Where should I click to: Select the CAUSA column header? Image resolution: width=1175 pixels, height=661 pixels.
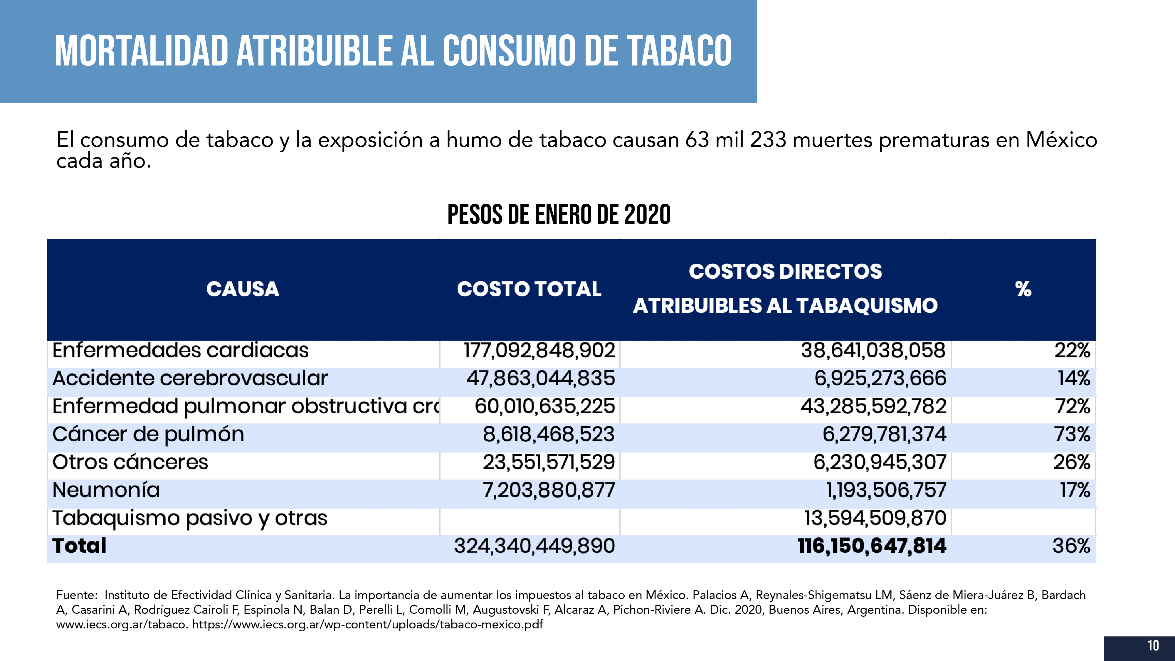(x=243, y=289)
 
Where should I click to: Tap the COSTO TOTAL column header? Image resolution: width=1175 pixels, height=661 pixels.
(x=529, y=289)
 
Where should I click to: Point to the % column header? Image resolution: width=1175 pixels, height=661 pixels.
(x=1023, y=289)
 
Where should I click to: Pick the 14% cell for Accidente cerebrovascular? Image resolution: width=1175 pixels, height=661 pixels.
(x=1074, y=379)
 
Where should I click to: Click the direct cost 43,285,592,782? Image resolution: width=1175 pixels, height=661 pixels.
(x=873, y=406)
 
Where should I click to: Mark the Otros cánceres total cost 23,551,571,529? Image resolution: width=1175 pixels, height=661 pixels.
(x=549, y=462)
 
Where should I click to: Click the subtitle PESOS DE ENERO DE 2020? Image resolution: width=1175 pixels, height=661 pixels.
(x=559, y=215)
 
